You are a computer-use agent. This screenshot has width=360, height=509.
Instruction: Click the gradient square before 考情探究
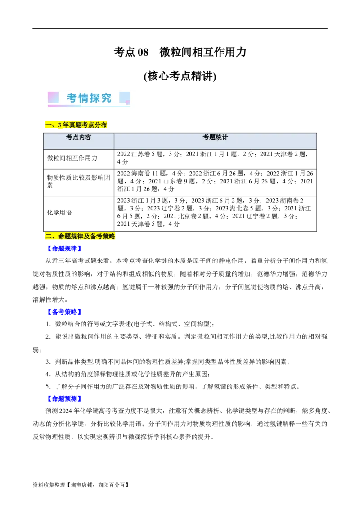[x=53, y=97]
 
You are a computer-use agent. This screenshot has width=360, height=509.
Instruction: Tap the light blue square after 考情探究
[x=125, y=98]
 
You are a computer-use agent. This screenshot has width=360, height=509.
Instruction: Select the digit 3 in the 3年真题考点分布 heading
[x=59, y=125]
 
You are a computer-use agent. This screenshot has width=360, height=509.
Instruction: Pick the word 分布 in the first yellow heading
[x=100, y=125]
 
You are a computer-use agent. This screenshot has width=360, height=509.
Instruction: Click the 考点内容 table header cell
[x=79, y=138]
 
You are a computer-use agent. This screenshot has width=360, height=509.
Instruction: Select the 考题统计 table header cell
[x=215, y=138]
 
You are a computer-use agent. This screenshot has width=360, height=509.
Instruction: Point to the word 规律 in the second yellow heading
[x=77, y=237]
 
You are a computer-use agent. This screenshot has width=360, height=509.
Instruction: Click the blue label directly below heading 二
[x=64, y=248]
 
